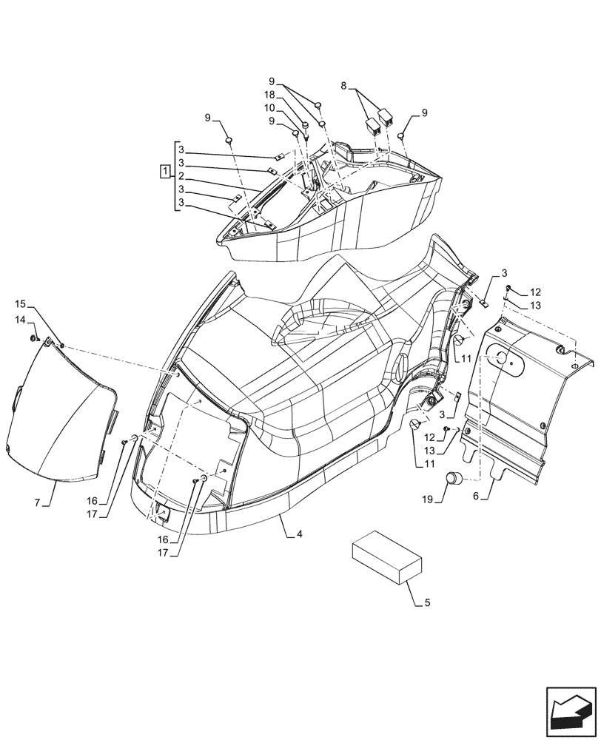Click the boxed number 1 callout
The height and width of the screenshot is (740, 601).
tap(164, 172)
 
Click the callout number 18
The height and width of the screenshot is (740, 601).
tap(272, 95)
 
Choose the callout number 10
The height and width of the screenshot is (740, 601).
tap(272, 108)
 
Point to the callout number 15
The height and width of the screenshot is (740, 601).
tap(20, 304)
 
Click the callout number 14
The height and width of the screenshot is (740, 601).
tap(20, 319)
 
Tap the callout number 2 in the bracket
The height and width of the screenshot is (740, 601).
tap(181, 176)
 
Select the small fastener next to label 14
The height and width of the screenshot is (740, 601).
tap(34, 338)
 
